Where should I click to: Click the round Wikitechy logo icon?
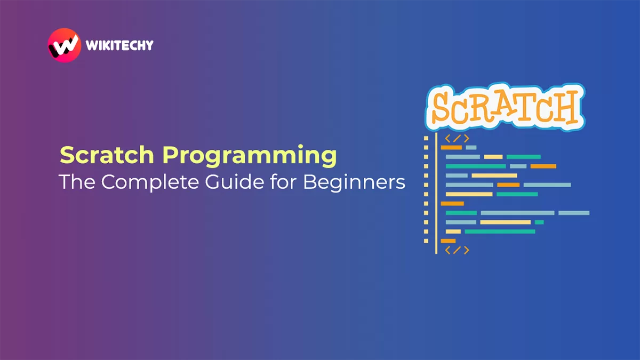(63, 44)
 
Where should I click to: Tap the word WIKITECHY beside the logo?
(119, 45)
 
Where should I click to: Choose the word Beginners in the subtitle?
(354, 182)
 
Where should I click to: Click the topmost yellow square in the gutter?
(426, 138)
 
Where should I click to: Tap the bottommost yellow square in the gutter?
(426, 241)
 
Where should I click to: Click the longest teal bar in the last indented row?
(500, 231)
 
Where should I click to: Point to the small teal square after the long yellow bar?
(539, 222)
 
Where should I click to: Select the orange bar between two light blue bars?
(508, 185)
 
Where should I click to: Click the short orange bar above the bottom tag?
(448, 241)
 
